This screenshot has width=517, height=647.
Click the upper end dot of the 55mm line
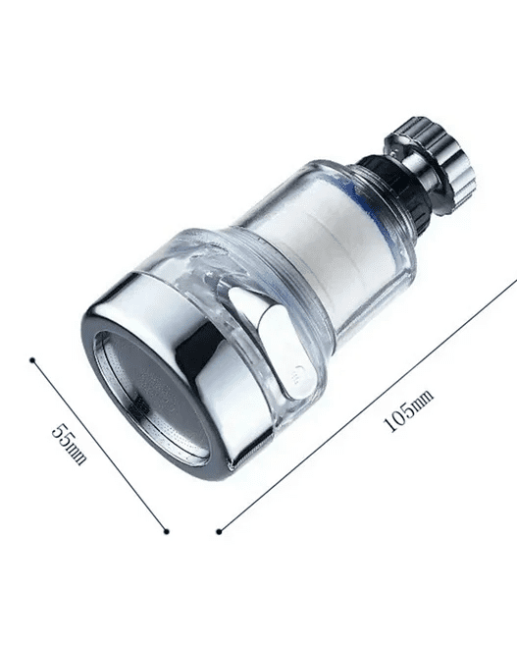coord(32,360)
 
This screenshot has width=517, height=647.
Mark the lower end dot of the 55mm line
coord(165,531)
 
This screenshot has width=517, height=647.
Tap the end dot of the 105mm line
coord(218,531)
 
